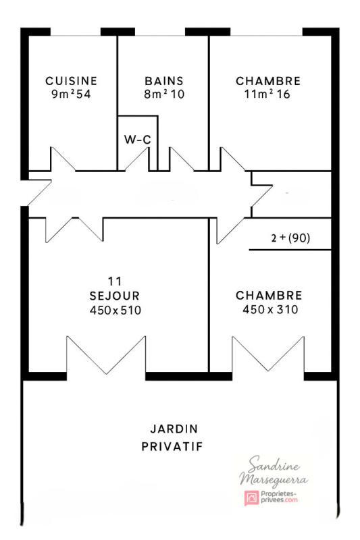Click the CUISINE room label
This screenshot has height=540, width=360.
(x=71, y=81)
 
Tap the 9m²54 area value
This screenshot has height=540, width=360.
(x=71, y=94)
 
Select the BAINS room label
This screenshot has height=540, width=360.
(x=164, y=81)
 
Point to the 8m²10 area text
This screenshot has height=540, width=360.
(x=164, y=94)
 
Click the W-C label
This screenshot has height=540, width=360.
(x=137, y=140)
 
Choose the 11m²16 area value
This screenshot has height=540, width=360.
(x=268, y=94)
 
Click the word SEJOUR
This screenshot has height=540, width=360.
(x=114, y=295)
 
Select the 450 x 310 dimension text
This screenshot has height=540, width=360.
(x=269, y=310)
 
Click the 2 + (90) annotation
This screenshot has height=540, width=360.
(x=290, y=238)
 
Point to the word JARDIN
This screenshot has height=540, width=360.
(x=174, y=429)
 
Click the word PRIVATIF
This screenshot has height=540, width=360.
(x=173, y=446)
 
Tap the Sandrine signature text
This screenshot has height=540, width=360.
(x=274, y=466)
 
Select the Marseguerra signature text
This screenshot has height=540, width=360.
(x=274, y=480)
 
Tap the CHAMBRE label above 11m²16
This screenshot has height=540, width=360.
(x=268, y=81)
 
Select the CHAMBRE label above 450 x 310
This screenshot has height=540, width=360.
(x=269, y=295)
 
